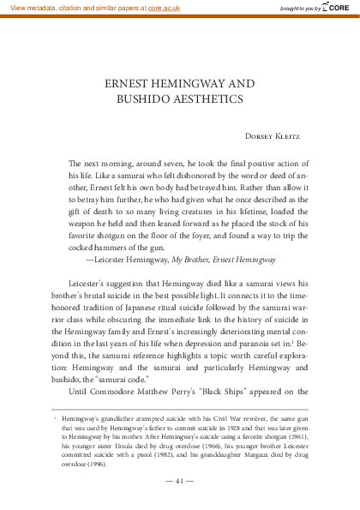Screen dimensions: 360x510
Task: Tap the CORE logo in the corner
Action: click(x=336, y=8)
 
